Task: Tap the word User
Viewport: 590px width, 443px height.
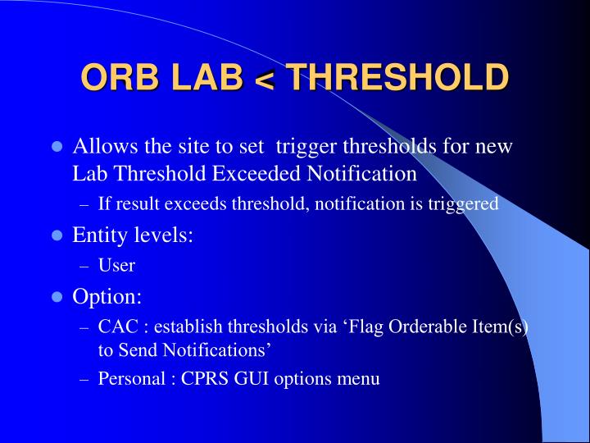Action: click(x=116, y=264)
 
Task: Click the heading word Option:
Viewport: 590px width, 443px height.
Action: click(x=107, y=295)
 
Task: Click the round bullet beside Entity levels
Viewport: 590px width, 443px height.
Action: click(x=57, y=235)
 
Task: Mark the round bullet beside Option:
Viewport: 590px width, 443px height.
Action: click(x=57, y=296)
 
